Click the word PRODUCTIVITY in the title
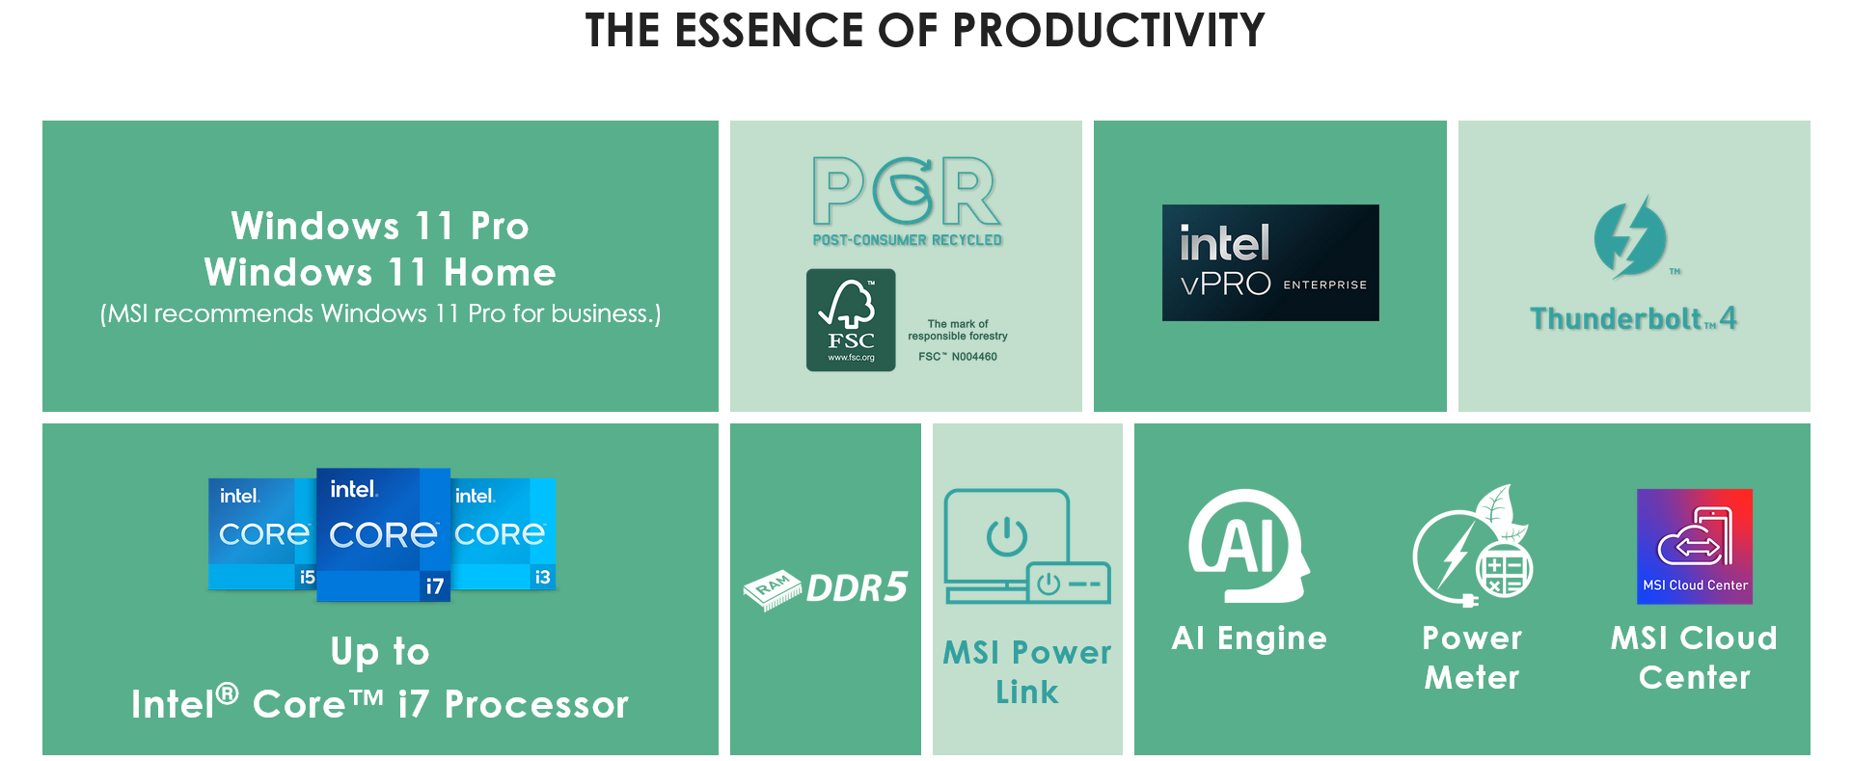1108,30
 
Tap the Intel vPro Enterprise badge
1270,262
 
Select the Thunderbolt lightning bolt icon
1630,237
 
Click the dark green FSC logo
851,320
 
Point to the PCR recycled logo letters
907,190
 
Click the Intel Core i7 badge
383,534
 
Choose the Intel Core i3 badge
503,533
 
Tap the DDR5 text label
857,587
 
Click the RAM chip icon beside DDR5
773,589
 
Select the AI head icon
1248,546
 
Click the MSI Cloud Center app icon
1695,547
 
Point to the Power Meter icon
1472,546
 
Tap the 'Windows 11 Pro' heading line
380,226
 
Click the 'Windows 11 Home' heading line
380,272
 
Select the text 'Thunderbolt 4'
1633,318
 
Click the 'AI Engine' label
1249,638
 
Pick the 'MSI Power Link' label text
1027,671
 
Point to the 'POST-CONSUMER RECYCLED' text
907,239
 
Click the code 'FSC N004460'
958,357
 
